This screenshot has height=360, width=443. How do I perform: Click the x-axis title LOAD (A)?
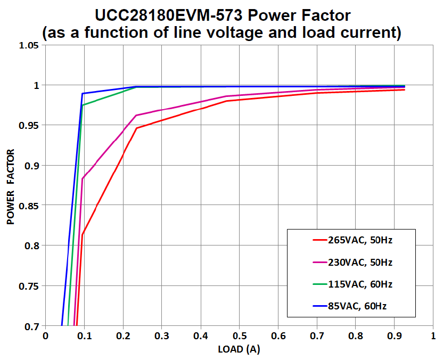point(239,349)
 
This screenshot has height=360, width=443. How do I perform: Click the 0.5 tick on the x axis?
point(239,337)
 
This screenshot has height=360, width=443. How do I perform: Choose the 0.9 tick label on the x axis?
point(394,337)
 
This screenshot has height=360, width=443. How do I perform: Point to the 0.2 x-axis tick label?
point(123,337)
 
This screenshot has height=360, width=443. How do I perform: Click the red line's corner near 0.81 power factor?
point(83,234)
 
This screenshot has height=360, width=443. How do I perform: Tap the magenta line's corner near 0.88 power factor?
point(83,178)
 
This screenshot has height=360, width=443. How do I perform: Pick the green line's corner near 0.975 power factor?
point(83,105)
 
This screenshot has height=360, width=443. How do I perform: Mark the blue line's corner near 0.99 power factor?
point(82,94)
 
